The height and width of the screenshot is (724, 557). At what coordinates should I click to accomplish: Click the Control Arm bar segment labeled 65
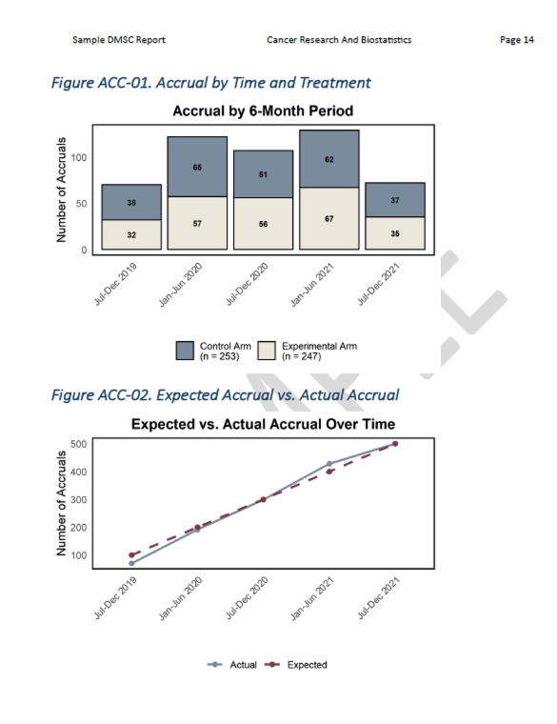(x=197, y=167)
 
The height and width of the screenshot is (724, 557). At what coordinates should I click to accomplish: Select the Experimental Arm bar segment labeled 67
(x=328, y=218)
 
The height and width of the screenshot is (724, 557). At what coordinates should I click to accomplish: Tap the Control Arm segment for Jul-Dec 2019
(x=131, y=202)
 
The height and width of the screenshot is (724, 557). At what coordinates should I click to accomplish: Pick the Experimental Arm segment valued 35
(x=394, y=232)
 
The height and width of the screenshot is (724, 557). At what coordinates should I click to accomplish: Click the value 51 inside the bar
(x=263, y=174)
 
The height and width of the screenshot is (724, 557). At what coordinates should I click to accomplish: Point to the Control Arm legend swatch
(x=185, y=351)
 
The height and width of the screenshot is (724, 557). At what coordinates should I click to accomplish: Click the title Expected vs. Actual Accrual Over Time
(x=262, y=423)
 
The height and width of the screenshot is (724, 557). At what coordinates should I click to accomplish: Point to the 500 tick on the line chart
(x=80, y=444)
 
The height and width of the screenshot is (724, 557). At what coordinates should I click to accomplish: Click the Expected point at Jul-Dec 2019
(x=131, y=555)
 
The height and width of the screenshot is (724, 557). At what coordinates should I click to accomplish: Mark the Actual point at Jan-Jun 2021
(x=329, y=464)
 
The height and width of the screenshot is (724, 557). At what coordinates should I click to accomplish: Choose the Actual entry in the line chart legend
(x=232, y=665)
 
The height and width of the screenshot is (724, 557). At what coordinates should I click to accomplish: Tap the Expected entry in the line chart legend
(x=297, y=665)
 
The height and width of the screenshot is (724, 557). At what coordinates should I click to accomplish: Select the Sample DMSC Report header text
(x=118, y=39)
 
